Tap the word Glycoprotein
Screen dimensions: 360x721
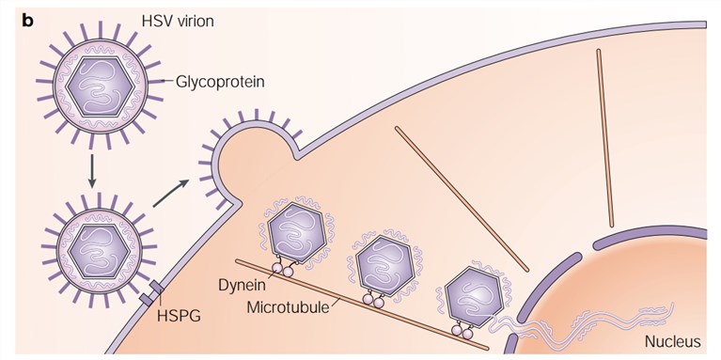[x=220, y=82]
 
